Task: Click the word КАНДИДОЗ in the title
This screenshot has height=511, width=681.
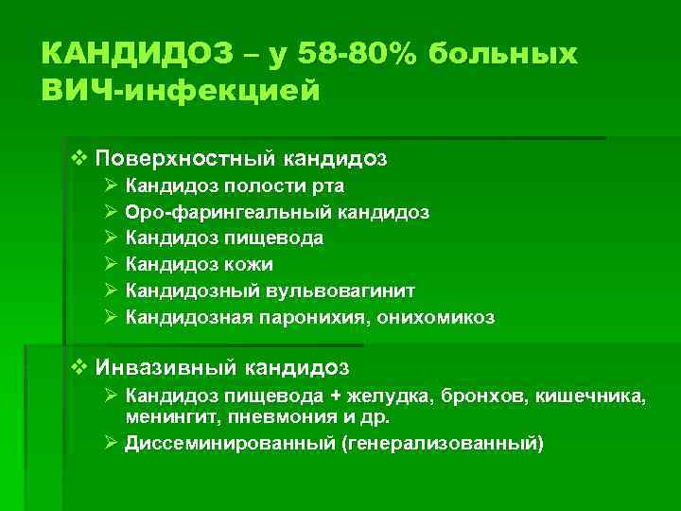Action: click(x=136, y=54)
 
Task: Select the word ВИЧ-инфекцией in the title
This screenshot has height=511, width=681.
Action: click(x=182, y=92)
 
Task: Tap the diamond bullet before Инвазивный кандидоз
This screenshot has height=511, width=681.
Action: click(x=79, y=364)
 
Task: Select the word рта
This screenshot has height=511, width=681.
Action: click(x=326, y=185)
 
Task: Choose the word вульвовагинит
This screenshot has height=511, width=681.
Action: click(x=348, y=291)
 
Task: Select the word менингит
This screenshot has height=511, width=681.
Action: click(x=167, y=415)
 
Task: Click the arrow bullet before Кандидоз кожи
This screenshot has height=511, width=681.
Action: click(x=110, y=264)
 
